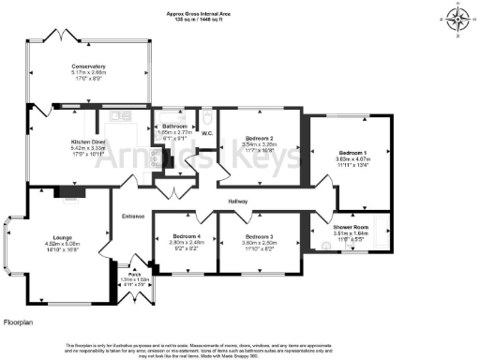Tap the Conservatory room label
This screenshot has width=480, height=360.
tap(88, 67)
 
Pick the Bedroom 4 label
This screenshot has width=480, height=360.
tap(187, 236)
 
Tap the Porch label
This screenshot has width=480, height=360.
tap(135, 272)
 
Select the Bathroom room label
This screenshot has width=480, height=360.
tap(174, 126)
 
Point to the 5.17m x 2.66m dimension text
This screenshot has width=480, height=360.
tap(88, 73)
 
